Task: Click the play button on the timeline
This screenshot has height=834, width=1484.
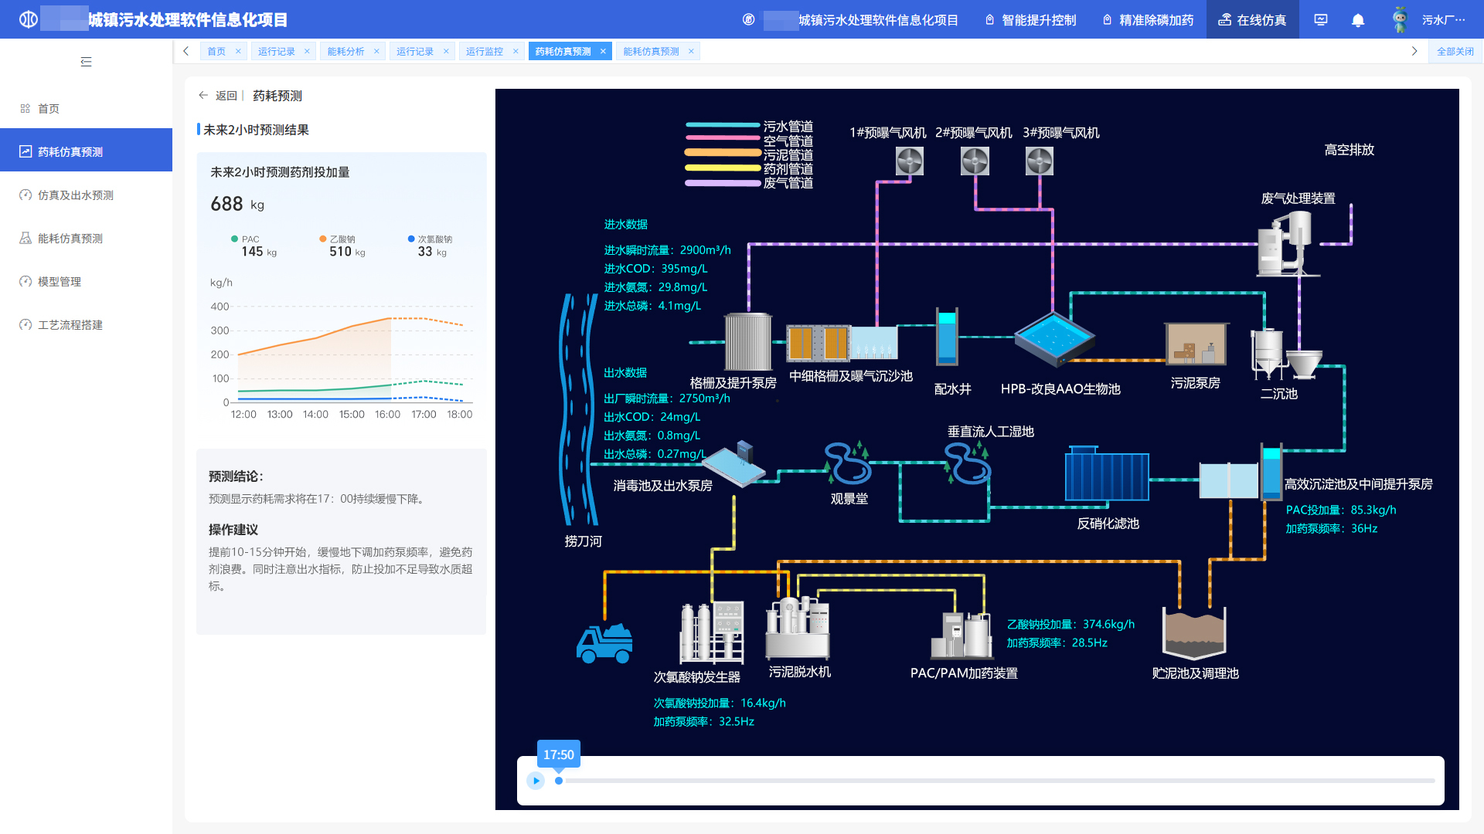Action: point(536,781)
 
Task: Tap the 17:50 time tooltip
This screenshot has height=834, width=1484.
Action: point(558,754)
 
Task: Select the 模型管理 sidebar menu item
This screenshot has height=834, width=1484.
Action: point(60,282)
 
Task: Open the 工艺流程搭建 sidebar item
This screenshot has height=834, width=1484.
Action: point(70,325)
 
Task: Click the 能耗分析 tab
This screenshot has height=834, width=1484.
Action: point(345,52)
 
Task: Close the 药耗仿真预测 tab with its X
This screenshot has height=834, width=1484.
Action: point(603,52)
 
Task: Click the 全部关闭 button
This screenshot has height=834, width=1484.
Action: point(1455,52)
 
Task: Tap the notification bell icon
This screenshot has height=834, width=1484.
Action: point(1358,20)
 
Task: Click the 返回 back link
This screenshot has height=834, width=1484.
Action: point(219,96)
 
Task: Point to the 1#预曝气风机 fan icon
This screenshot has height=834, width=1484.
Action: point(910,161)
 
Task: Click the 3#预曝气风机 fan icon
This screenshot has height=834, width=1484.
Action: point(1040,161)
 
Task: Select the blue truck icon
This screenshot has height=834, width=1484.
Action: point(604,643)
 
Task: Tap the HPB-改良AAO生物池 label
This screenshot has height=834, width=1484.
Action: point(1060,389)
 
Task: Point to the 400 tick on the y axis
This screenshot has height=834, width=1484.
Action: point(220,307)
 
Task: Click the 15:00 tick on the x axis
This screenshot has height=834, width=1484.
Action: point(352,415)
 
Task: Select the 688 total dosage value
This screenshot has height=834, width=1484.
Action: point(226,204)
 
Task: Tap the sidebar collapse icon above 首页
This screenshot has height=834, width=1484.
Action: point(86,62)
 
